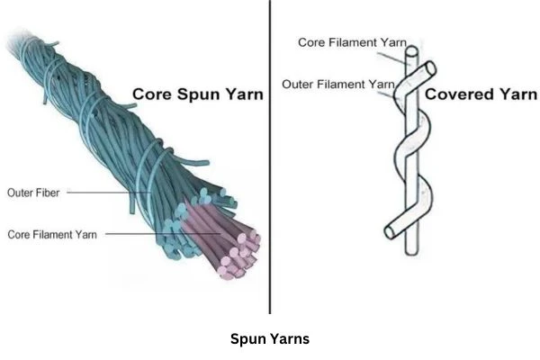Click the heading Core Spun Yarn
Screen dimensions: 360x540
tap(197, 94)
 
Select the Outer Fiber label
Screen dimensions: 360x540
tap(33, 192)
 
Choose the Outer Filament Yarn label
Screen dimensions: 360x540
tap(338, 84)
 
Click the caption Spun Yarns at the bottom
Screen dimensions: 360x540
tap(270, 339)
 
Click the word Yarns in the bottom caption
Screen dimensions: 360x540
tap(289, 339)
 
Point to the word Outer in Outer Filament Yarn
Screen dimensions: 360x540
tap(298, 84)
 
